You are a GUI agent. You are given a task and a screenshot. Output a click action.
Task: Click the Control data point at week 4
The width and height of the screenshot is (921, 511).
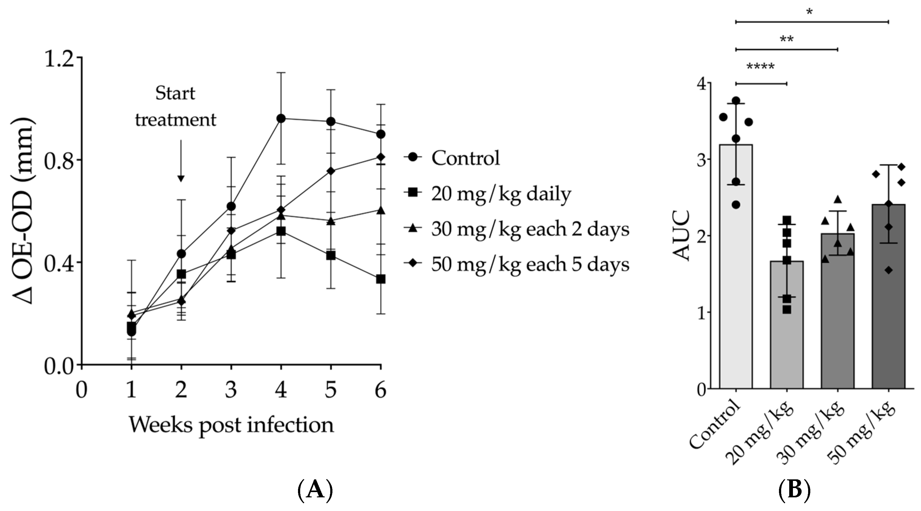(x=281, y=118)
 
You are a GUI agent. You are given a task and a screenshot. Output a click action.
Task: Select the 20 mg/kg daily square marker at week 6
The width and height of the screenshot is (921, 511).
(x=381, y=279)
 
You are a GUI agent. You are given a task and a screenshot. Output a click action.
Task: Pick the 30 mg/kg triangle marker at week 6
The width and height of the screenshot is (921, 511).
(x=381, y=210)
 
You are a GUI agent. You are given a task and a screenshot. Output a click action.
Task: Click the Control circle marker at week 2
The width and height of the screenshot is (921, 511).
(x=181, y=254)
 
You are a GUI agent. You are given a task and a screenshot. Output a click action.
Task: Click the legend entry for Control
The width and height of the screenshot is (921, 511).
(x=465, y=158)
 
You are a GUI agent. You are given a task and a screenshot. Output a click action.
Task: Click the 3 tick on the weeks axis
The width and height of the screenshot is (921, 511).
(x=231, y=390)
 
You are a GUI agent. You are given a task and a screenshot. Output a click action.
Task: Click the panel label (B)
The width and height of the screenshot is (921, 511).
(x=794, y=490)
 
